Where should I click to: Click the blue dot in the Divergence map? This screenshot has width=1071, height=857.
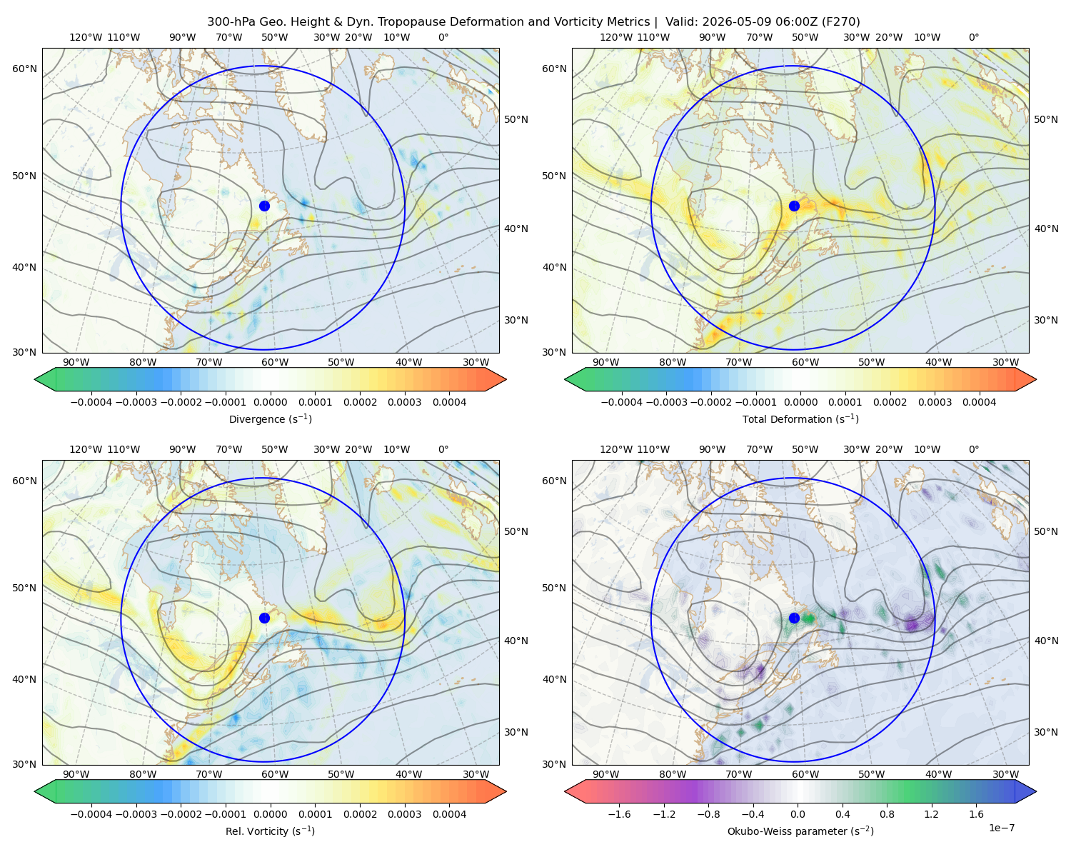pyautogui.click(x=264, y=206)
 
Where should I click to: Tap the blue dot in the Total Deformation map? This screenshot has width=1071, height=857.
pyautogui.click(x=794, y=206)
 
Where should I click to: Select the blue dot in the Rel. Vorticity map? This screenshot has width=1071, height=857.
pyautogui.click(x=264, y=618)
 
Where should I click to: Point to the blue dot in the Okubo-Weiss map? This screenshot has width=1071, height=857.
pyautogui.click(x=794, y=618)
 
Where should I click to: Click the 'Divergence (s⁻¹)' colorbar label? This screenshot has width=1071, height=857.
pyautogui.click(x=270, y=419)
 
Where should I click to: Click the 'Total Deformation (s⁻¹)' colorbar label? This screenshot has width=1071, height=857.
pyautogui.click(x=800, y=419)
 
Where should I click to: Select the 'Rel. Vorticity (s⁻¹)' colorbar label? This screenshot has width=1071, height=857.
pyautogui.click(x=270, y=831)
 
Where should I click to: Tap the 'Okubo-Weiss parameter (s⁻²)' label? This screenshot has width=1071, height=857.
pyautogui.click(x=800, y=831)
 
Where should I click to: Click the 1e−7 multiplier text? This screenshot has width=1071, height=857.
pyautogui.click(x=1001, y=828)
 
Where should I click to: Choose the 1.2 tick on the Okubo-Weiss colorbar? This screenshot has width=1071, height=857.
pyautogui.click(x=931, y=813)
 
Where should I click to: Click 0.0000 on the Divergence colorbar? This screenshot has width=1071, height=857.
pyautogui.click(x=270, y=402)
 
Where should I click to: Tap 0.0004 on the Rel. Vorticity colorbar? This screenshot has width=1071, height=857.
pyautogui.click(x=449, y=813)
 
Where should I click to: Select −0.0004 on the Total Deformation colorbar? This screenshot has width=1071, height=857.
pyautogui.click(x=621, y=402)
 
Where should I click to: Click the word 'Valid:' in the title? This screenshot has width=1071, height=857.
pyautogui.click(x=681, y=22)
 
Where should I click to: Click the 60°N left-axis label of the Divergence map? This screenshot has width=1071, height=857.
pyautogui.click(x=24, y=69)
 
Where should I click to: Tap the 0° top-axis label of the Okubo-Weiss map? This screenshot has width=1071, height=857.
pyautogui.click(x=973, y=449)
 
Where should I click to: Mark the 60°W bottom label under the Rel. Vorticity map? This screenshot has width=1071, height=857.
pyautogui.click(x=275, y=774)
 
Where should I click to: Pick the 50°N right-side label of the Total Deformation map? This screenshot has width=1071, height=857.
pyautogui.click(x=1045, y=119)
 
